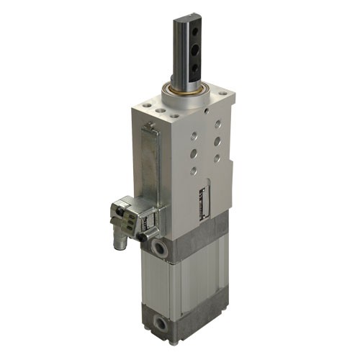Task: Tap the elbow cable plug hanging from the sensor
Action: pyautogui.click(x=122, y=235)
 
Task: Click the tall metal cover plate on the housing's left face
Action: pyautogui.click(x=150, y=169)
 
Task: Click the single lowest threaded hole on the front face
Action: pyautogui.click(x=193, y=171)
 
